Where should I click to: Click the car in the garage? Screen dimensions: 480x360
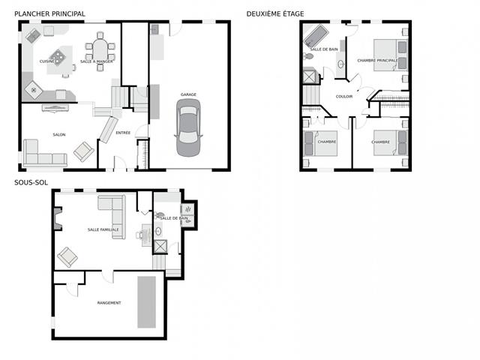click(x=188, y=127)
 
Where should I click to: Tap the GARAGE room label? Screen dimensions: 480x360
click(x=188, y=94)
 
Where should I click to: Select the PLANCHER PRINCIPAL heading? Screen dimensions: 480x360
click(x=49, y=13)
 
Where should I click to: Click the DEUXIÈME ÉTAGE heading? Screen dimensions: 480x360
click(x=275, y=13)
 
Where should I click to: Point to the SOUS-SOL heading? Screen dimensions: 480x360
click(x=31, y=182)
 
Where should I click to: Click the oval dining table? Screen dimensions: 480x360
click(x=100, y=50)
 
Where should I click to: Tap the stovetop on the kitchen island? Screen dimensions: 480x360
click(x=57, y=57)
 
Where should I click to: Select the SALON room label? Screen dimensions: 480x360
click(x=59, y=135)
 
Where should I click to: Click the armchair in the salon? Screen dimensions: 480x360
click(x=83, y=151)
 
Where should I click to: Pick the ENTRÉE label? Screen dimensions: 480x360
click(x=123, y=133)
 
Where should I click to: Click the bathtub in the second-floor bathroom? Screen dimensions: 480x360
click(x=316, y=37)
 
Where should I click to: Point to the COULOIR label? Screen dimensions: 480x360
click(x=344, y=97)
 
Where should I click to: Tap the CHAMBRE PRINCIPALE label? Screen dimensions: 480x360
click(x=377, y=61)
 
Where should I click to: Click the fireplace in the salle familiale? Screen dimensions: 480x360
click(x=58, y=218)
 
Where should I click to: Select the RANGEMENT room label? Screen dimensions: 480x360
click(x=109, y=303)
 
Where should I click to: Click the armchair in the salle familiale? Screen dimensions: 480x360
click(x=67, y=257)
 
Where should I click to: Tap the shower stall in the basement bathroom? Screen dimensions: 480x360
click(x=160, y=247)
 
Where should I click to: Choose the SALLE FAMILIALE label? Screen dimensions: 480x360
click(x=103, y=229)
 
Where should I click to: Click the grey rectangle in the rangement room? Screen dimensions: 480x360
click(x=147, y=302)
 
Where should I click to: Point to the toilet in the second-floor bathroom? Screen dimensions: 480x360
click(x=308, y=56)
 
